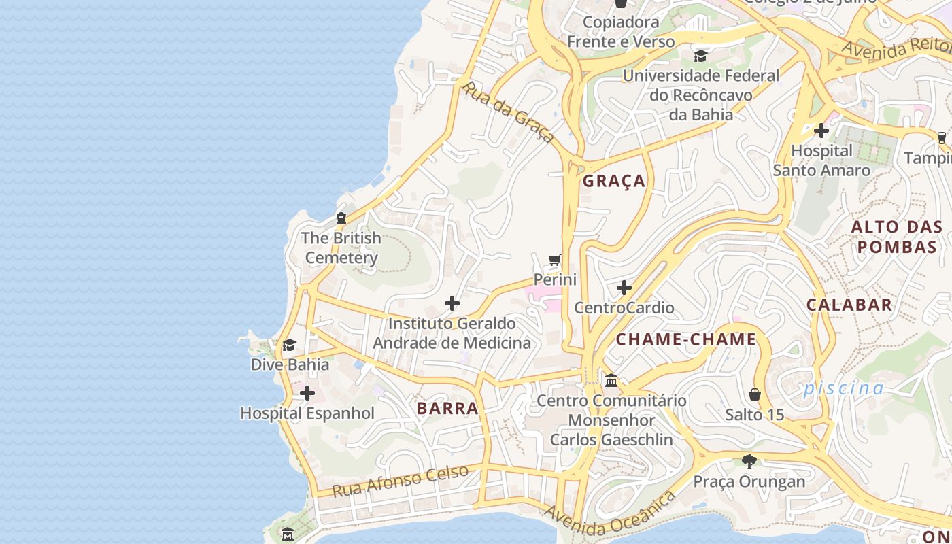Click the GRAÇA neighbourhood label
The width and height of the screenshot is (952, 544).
click(x=614, y=181)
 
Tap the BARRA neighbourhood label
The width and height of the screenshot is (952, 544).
click(x=447, y=409)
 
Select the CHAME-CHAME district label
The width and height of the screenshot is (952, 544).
click(x=686, y=339)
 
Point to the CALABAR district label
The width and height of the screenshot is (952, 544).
click(x=849, y=305)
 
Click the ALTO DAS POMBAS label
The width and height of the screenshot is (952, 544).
click(x=897, y=237)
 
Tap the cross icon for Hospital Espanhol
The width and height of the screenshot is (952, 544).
click(x=307, y=393)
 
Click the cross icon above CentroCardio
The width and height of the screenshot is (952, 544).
click(x=624, y=288)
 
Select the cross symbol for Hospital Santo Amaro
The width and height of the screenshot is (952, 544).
click(x=821, y=130)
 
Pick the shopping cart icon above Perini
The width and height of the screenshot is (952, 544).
click(x=555, y=260)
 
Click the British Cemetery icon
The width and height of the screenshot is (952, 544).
click(x=341, y=218)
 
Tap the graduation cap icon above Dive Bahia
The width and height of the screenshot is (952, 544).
click(x=290, y=345)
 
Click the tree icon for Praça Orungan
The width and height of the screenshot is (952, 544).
click(x=749, y=462)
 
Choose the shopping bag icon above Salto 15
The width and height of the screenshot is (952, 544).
click(x=755, y=394)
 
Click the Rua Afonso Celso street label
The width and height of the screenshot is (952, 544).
click(x=401, y=481)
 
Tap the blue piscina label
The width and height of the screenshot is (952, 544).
click(x=843, y=388)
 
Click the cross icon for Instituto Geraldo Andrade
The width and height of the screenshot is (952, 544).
click(x=452, y=303)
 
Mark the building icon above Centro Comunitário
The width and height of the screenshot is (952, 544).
click(x=611, y=381)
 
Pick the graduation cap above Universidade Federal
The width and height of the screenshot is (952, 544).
click(x=700, y=56)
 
